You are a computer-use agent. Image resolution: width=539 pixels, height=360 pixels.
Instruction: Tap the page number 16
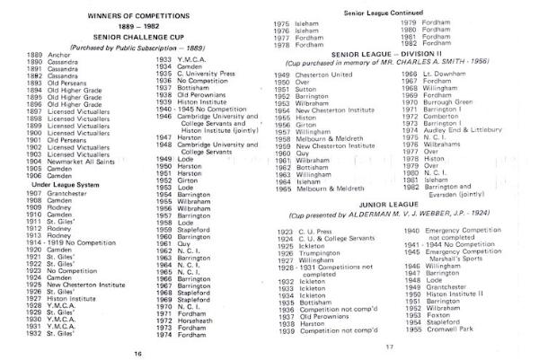[137, 353]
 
